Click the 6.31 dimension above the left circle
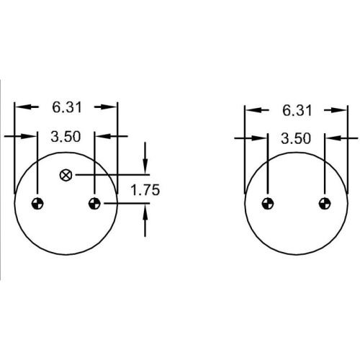pos(67,107)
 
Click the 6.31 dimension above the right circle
pos(297,111)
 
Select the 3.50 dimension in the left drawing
pos(66,137)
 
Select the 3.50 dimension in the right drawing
pos(296,139)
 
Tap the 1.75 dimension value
pos(145,190)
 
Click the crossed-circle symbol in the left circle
pos(66,175)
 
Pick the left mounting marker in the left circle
pos(37,204)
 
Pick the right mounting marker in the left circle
pos(94,204)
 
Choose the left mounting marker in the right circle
pos(267,204)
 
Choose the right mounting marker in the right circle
pos(325,204)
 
